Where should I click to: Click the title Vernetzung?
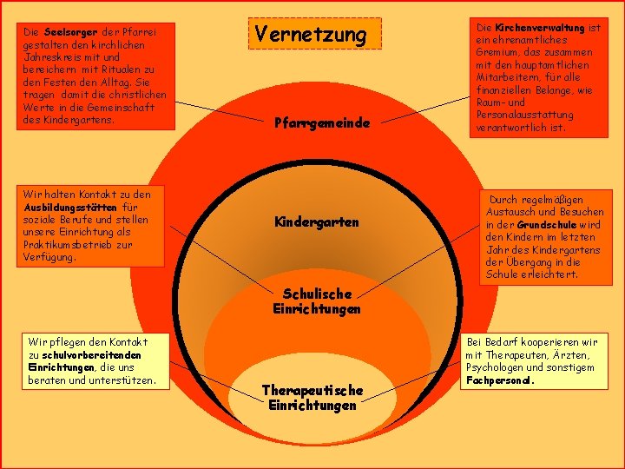click(x=311, y=34)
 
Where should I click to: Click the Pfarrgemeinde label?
click(x=322, y=122)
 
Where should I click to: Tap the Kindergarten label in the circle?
click(x=317, y=221)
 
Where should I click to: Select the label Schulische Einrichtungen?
click(x=317, y=301)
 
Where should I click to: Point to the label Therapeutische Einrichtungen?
click(x=312, y=397)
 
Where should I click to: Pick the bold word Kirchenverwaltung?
click(x=540, y=28)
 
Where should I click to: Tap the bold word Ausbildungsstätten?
click(x=70, y=208)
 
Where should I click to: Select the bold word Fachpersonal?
click(x=500, y=380)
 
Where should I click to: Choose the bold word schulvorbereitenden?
click(x=91, y=355)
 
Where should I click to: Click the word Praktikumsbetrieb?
click(x=68, y=244)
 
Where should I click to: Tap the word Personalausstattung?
click(x=524, y=115)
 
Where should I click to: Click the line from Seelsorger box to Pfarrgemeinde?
click(x=220, y=111)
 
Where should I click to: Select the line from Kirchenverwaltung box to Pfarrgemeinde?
click(x=425, y=109)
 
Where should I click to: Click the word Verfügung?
click(x=49, y=257)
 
